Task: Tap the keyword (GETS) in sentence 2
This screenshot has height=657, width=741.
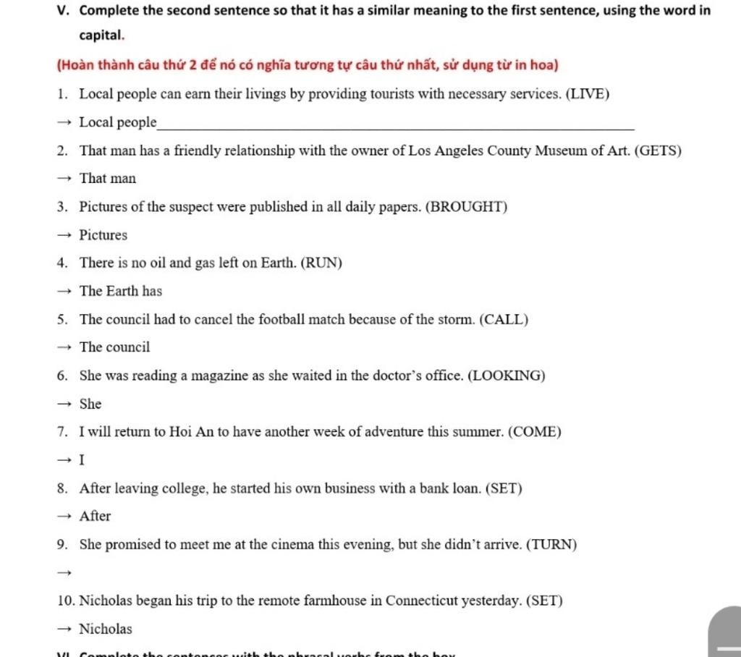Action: point(658,151)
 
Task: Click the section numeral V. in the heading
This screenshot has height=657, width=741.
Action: point(64,11)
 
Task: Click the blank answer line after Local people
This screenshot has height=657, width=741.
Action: point(395,124)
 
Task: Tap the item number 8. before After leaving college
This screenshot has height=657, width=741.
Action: point(64,488)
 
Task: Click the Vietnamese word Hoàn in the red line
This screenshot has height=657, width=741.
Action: point(76,65)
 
